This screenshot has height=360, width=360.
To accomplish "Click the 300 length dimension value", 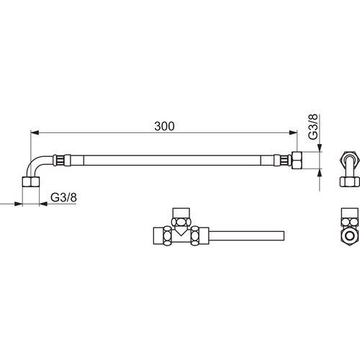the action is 164,126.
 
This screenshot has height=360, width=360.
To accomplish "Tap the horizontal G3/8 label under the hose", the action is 63,197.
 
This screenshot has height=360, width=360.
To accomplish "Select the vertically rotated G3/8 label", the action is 313,127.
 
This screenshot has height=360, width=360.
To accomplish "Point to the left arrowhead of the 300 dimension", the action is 35,132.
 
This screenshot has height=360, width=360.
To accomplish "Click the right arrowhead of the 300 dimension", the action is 293,132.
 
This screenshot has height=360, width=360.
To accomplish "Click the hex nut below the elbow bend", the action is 31,181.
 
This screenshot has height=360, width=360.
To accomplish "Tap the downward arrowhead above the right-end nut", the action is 320,148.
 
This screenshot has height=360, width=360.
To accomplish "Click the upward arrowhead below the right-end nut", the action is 320,174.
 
